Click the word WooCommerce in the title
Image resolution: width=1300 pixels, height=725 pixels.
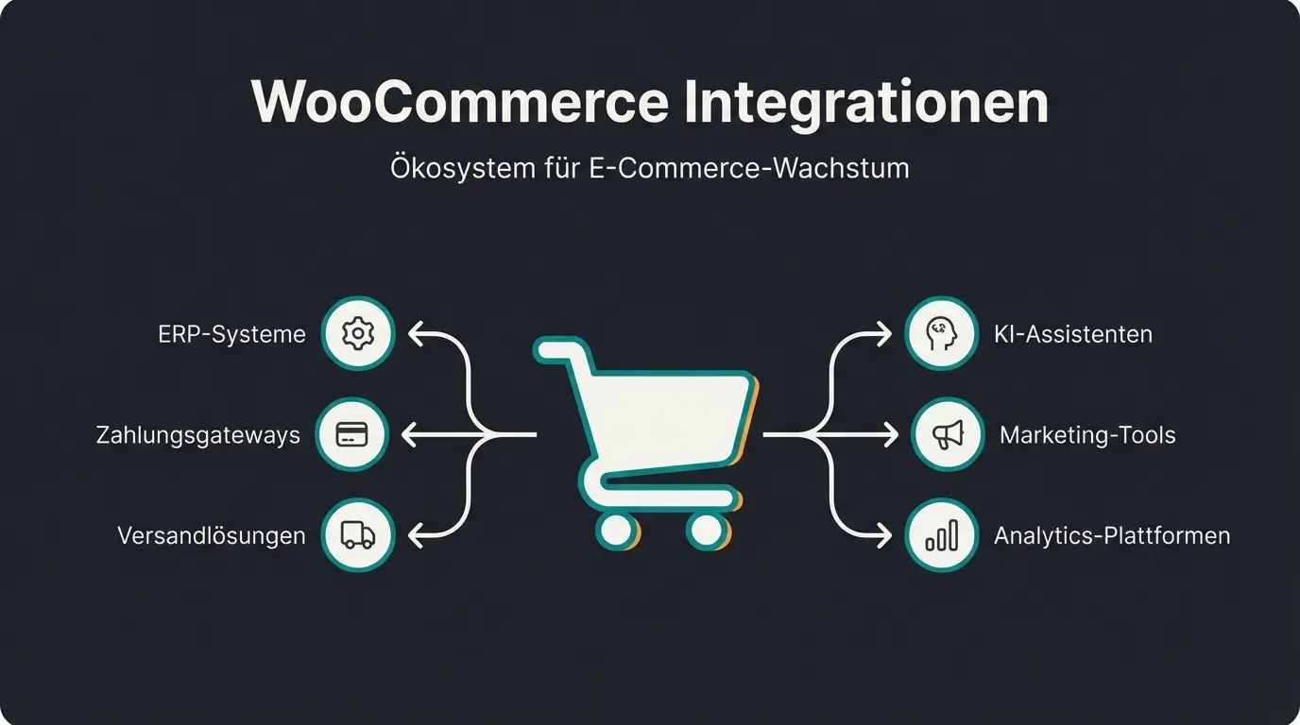(458, 101)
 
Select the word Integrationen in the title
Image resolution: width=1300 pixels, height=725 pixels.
(866, 101)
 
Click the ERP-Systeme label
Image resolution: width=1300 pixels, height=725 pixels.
(231, 334)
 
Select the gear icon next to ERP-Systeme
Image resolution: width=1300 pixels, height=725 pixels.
(357, 333)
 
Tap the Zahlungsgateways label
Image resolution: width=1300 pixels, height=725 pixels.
(198, 435)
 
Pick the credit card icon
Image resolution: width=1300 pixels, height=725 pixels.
(351, 434)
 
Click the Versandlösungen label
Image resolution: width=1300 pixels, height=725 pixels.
(212, 536)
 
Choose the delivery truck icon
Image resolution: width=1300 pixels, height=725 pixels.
(357, 535)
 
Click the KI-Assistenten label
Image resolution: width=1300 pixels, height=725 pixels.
(1073, 334)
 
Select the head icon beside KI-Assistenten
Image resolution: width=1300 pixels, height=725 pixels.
(941, 333)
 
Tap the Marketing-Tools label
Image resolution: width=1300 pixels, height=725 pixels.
(1087, 435)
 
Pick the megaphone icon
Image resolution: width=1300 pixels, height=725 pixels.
(948, 434)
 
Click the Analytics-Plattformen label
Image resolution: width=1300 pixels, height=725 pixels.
(1112, 536)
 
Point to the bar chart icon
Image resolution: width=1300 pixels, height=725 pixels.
(941, 535)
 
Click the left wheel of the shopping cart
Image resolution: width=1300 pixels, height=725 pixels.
(616, 530)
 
